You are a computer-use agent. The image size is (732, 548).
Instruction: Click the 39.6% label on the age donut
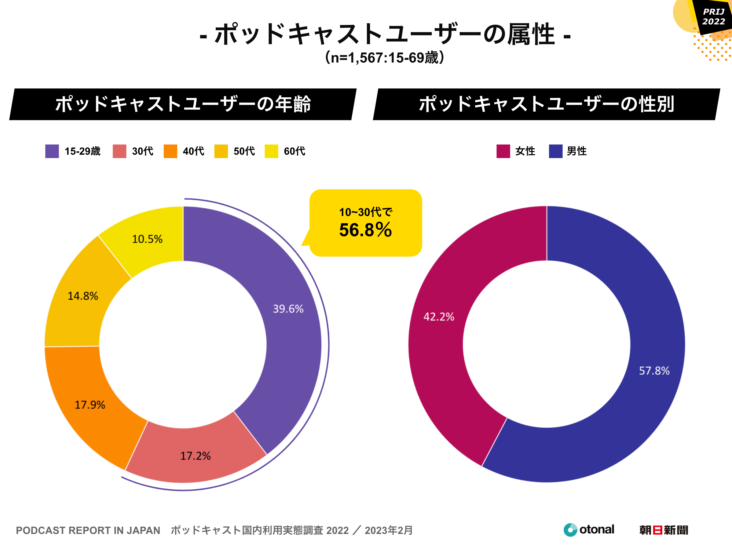coord(288,309)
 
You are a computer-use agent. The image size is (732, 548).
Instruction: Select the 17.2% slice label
coord(195,456)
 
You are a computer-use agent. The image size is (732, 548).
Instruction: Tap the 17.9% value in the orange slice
coord(90,405)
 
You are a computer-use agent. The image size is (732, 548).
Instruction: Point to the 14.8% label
coord(83,296)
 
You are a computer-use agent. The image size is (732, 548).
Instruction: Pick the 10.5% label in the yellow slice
coord(147,239)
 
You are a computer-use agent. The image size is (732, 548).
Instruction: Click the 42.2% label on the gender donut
coord(439,317)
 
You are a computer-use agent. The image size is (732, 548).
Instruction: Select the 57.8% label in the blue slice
coord(654,370)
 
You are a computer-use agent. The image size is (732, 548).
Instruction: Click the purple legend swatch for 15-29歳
coord(52,151)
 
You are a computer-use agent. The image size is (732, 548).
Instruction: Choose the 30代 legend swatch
coord(119,151)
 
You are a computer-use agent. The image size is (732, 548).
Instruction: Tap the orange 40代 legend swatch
coord(170,151)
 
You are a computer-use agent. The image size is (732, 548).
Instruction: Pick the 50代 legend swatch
coord(221,151)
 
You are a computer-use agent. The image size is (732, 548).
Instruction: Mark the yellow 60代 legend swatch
coord(271,151)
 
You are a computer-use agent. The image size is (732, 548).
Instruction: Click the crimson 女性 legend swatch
coord(503,151)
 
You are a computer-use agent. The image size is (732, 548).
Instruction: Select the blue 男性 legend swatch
coord(556,151)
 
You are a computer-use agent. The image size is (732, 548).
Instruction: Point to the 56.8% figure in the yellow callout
coord(365,230)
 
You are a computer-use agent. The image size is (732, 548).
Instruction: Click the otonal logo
coord(589,530)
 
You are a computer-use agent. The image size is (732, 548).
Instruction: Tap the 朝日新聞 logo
coord(664,530)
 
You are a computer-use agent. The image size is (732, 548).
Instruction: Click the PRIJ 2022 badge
coord(713,16)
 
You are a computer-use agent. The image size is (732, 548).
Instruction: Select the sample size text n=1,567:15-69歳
coord(385,57)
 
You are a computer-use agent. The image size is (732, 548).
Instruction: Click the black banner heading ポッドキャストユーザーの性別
coord(546,104)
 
